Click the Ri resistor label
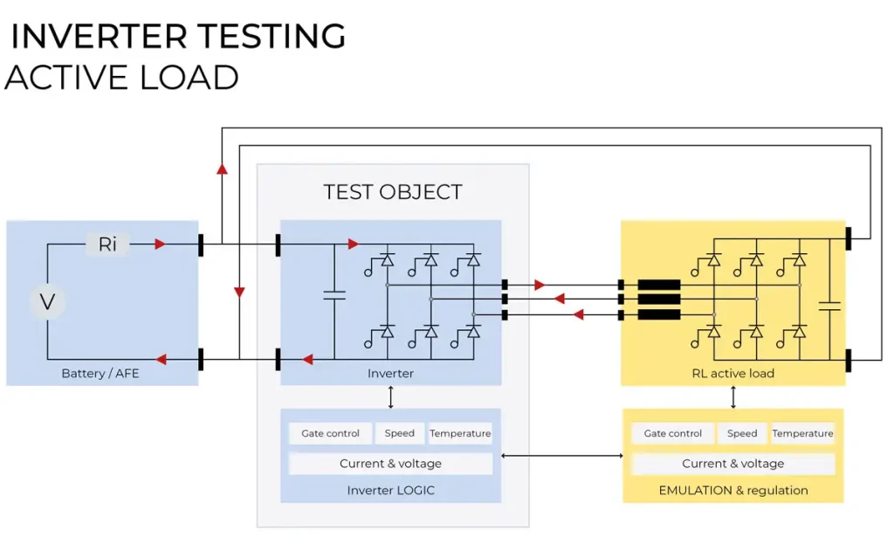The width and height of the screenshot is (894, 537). pos(107,244)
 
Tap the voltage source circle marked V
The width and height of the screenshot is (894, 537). pos(48,302)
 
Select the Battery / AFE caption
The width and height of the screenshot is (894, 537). pos(100,374)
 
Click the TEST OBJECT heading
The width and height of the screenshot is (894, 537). pos(393,192)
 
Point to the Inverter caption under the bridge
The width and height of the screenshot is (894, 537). pos(390,374)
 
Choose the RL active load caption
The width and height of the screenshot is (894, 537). pos(733,374)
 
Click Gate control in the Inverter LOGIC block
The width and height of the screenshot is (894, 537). pos(330,433)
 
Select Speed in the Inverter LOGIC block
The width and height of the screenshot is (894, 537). pos(400,433)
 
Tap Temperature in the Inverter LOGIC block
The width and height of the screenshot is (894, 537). pos(460,433)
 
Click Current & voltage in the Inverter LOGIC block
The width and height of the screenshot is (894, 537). pos(390,464)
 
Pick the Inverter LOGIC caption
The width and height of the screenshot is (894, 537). pos(390,490)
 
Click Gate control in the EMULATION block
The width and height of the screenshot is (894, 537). pos(673,433)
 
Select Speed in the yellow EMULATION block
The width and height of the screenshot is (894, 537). pos(742,433)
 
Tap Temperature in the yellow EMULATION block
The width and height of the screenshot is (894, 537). pos(802,433)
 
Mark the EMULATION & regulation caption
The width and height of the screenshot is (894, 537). pos(733,490)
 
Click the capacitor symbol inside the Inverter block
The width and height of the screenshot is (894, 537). pos(334,297)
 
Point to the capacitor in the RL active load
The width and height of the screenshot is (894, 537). pos(830,306)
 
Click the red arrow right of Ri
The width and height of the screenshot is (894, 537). pos(160,244)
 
